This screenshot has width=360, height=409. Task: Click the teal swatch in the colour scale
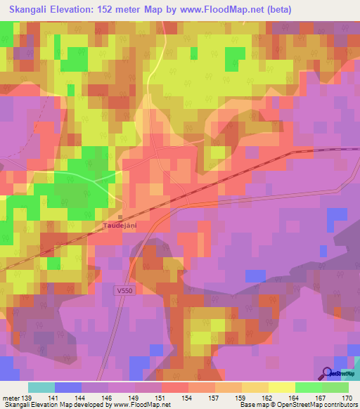tap(41, 387)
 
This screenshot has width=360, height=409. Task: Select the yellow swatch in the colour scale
tap(281, 387)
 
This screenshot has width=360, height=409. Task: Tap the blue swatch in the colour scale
tap(68, 387)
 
